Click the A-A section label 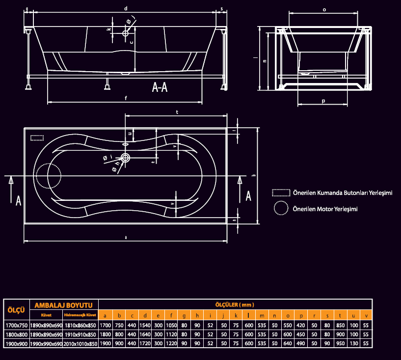160,87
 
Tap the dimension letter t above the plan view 177,112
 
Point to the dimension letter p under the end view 323,101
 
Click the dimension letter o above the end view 324,9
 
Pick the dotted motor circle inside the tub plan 48,175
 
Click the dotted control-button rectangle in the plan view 37,138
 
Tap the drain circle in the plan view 125,158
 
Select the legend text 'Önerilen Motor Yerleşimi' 324,209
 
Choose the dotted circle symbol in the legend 281,208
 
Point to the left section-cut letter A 19,200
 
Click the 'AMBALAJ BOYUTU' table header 64,305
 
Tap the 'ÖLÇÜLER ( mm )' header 235,305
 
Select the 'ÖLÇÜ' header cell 16,310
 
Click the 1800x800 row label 16,334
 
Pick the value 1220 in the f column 171,344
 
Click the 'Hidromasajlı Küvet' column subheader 80,314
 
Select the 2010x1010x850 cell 80,344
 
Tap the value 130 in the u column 353,344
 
